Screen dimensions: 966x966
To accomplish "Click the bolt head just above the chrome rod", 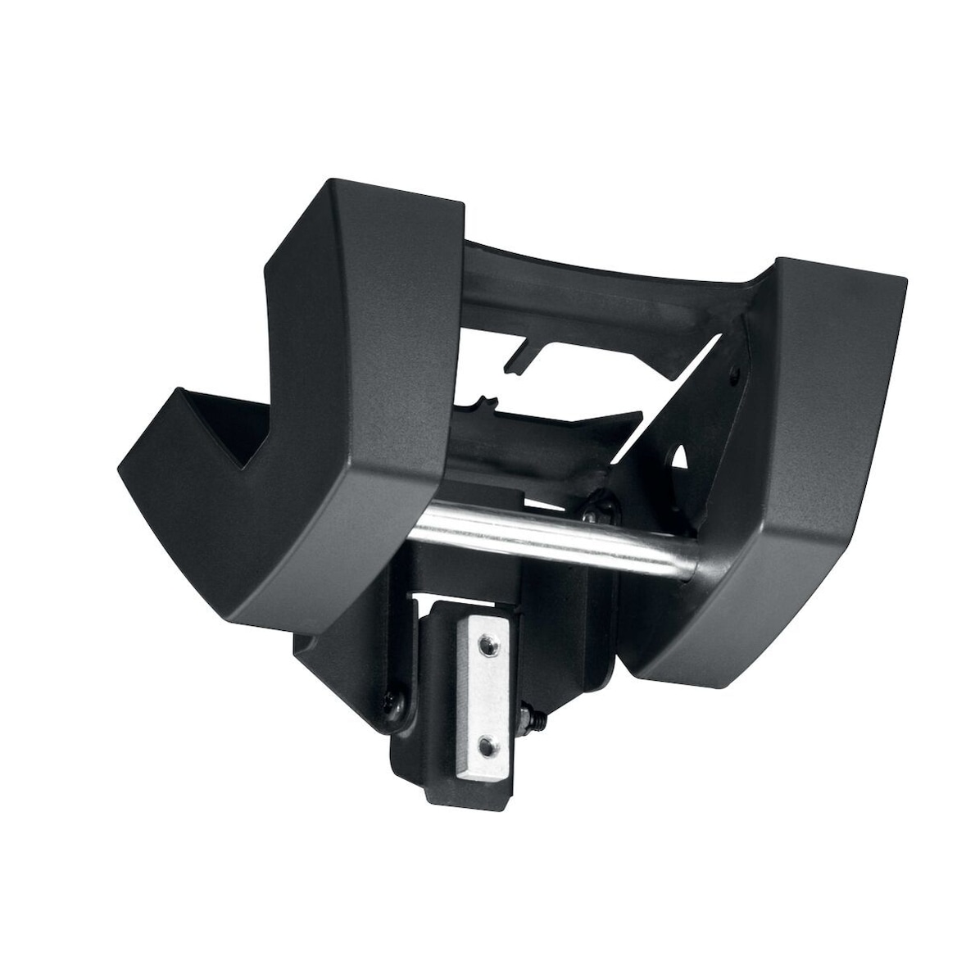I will [596, 508].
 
